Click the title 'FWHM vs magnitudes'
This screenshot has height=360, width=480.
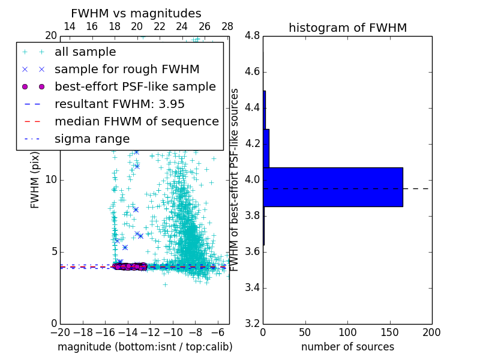(x=136, y=13)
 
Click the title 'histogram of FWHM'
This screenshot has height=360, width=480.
(x=347, y=28)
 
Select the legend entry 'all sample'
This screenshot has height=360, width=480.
(x=85, y=52)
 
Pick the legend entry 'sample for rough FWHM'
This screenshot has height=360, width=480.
(x=127, y=70)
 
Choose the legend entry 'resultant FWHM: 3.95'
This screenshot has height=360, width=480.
(x=119, y=104)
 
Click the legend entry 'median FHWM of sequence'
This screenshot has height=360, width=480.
(x=136, y=121)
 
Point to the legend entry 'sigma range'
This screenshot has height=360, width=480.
(x=92, y=139)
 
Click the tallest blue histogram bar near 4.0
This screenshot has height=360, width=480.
(x=332, y=187)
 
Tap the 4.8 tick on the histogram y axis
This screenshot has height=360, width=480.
(x=252, y=36)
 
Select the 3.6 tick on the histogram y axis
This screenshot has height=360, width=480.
(x=252, y=251)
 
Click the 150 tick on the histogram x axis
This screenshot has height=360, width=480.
(x=389, y=332)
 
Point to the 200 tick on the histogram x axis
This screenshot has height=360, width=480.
(x=431, y=332)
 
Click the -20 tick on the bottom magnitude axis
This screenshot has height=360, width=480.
(x=60, y=332)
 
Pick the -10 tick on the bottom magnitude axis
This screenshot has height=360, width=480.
(x=173, y=332)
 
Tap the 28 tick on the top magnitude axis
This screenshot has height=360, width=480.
(x=227, y=26)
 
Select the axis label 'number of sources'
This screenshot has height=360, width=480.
(x=347, y=347)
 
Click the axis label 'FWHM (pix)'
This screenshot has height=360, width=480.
(x=35, y=180)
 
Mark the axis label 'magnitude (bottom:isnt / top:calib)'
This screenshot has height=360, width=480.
(x=145, y=347)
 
